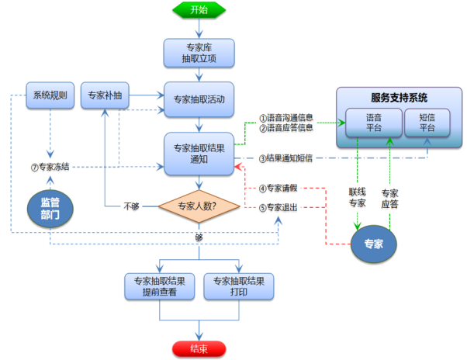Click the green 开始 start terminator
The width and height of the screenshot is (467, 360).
pos(199,10)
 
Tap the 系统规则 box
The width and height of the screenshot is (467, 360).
pos(49,97)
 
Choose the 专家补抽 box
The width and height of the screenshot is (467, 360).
pos(104,97)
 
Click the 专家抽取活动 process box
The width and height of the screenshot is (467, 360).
pos(199,100)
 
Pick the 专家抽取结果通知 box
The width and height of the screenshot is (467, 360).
pos(199,152)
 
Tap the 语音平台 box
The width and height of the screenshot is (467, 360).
pos(373,123)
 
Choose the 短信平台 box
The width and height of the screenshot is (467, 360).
pos(427,123)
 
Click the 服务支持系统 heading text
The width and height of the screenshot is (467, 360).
pos(399,98)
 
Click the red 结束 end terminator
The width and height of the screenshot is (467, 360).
pos(199,349)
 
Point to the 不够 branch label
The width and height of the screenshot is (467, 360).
pos(132,206)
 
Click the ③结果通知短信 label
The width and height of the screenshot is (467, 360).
pos(285,157)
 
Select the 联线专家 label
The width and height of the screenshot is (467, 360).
pos(357,198)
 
